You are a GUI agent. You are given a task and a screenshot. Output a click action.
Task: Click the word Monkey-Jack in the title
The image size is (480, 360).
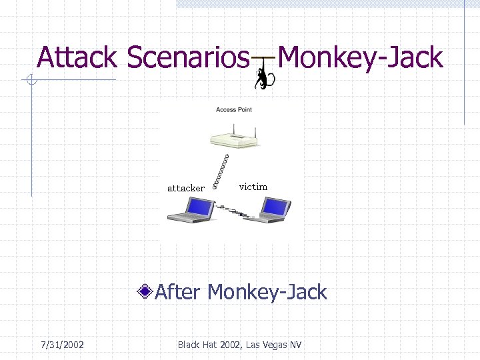[360, 57]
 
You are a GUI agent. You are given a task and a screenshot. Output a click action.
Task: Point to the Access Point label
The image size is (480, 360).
[233, 109]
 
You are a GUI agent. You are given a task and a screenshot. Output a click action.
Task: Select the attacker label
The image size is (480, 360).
[185, 188]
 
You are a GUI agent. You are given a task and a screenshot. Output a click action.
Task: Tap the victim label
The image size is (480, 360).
[253, 187]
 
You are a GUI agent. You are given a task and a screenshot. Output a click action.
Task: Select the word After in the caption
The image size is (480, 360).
[177, 292]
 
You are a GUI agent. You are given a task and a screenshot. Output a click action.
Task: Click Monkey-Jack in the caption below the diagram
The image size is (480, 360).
[267, 292]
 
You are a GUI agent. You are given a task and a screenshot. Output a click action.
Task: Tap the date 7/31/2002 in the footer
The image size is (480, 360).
[62, 345]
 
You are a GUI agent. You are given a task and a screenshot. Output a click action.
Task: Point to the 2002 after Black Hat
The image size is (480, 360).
[231, 345]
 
